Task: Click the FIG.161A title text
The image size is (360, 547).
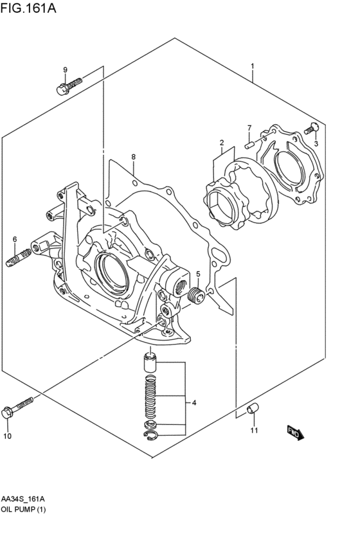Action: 28,8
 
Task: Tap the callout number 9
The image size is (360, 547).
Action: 65,70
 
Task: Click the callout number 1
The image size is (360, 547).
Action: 252,66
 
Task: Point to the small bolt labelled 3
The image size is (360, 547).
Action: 312,129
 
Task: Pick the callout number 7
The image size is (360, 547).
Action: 249,128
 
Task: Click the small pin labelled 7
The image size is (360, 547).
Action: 249,145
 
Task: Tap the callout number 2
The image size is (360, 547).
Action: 222,142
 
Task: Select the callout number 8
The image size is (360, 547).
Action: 133,157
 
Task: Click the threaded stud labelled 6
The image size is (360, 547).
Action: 19,258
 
